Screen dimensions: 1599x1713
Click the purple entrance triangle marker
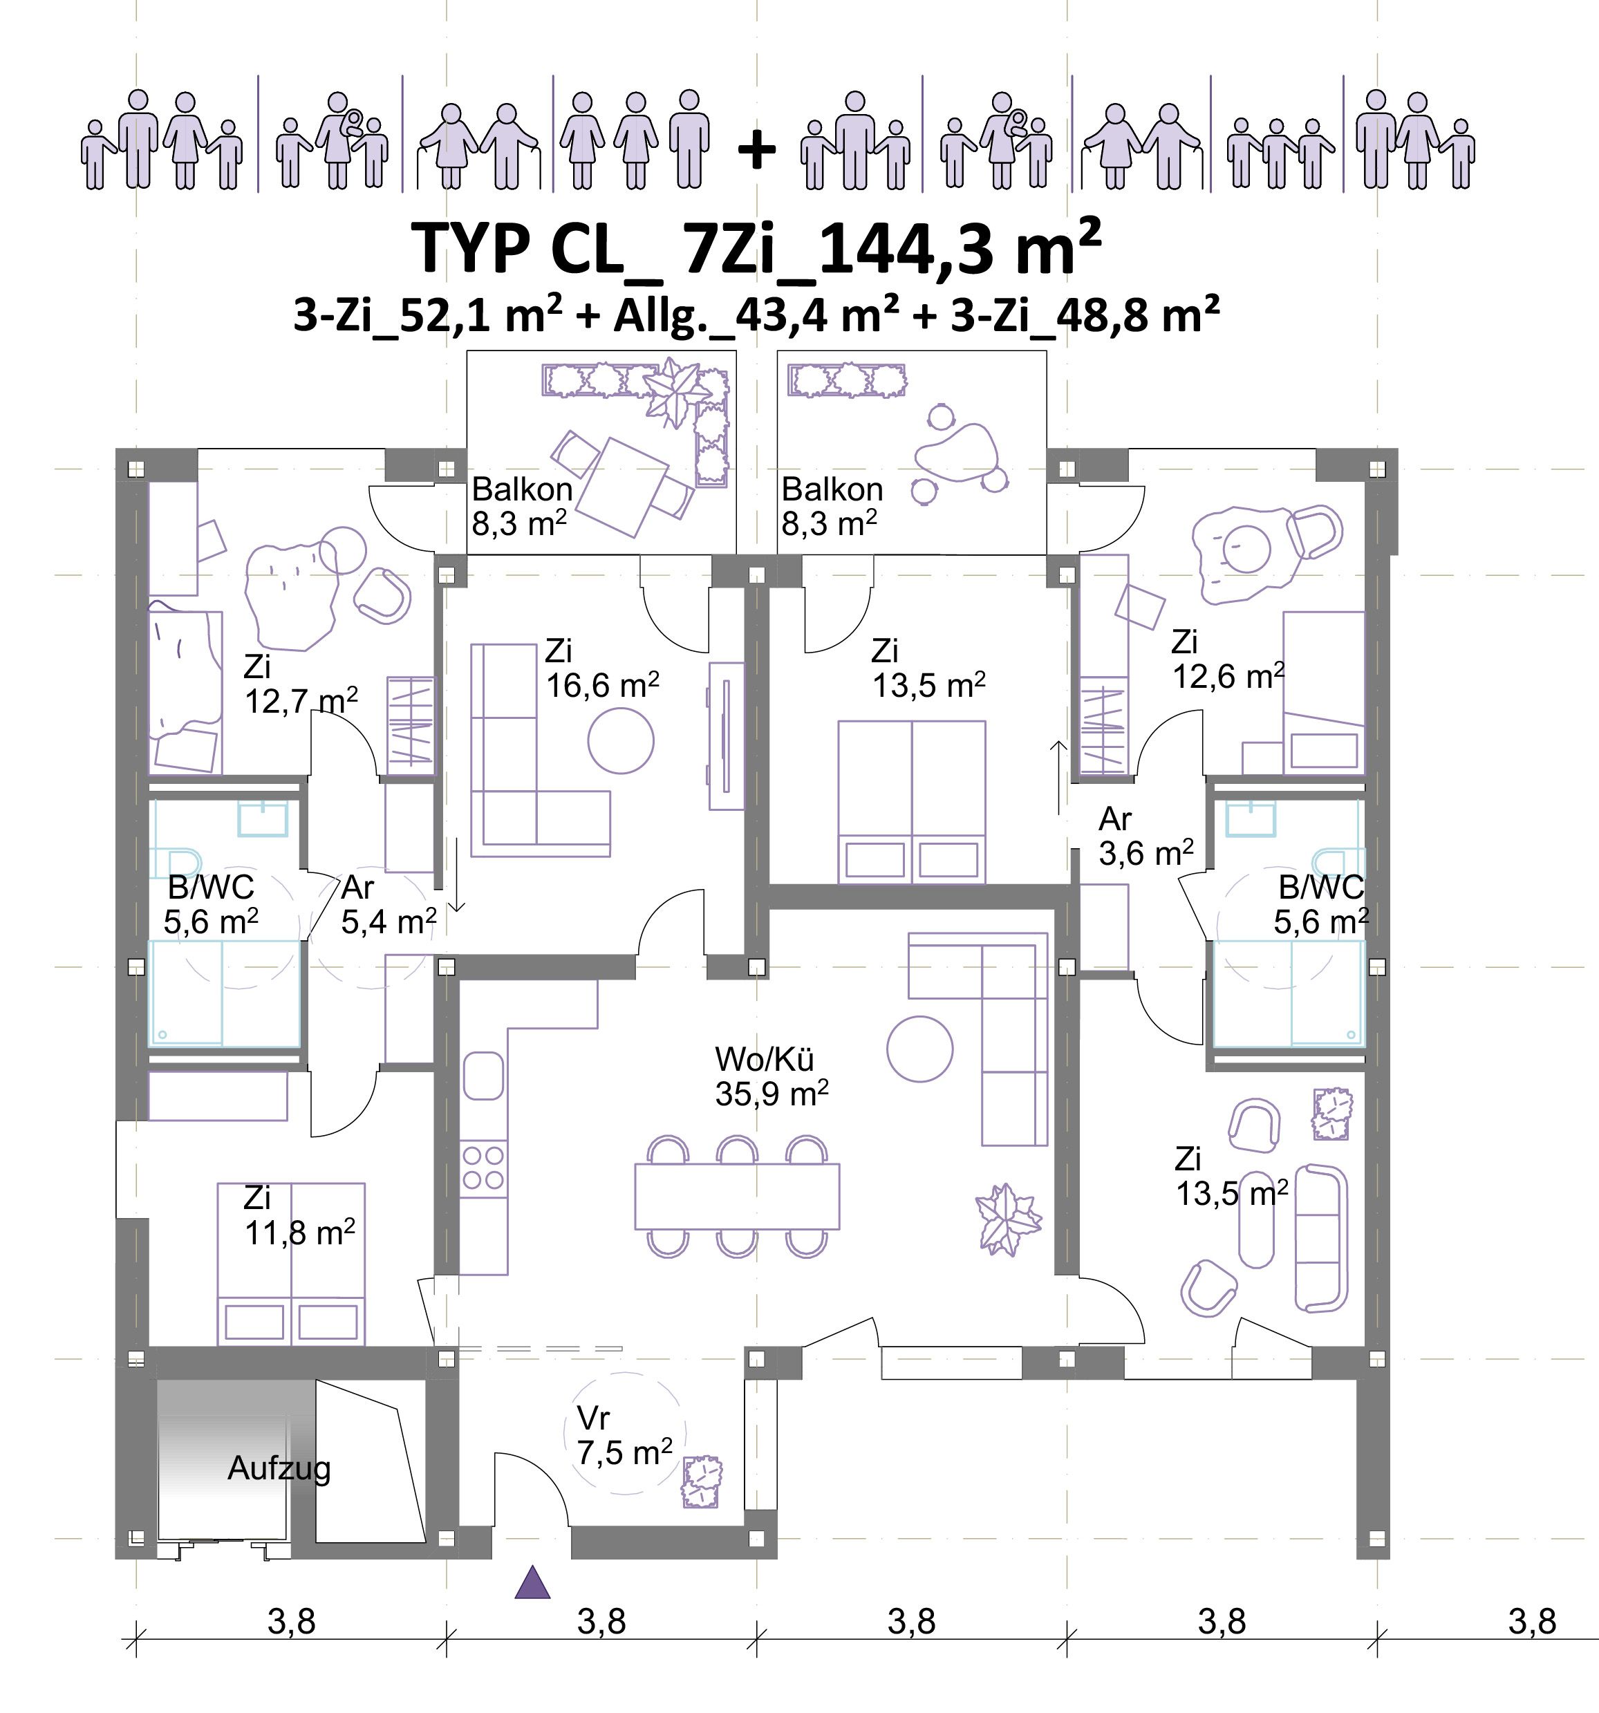[x=532, y=1583]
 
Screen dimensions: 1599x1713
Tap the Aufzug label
[x=279, y=1468]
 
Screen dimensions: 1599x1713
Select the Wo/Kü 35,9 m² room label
[x=772, y=1076]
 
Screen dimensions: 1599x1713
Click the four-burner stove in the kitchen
[x=483, y=1167]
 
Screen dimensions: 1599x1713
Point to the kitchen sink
[x=483, y=1076]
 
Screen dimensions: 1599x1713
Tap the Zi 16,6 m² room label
[x=603, y=668]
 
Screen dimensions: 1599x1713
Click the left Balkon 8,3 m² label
[x=522, y=506]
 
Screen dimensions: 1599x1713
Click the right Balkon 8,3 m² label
[x=832, y=506]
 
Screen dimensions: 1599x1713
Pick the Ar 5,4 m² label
[x=389, y=904]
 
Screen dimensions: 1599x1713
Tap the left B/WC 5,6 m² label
[x=211, y=904]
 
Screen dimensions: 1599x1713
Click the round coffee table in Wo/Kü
[x=920, y=1049]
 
